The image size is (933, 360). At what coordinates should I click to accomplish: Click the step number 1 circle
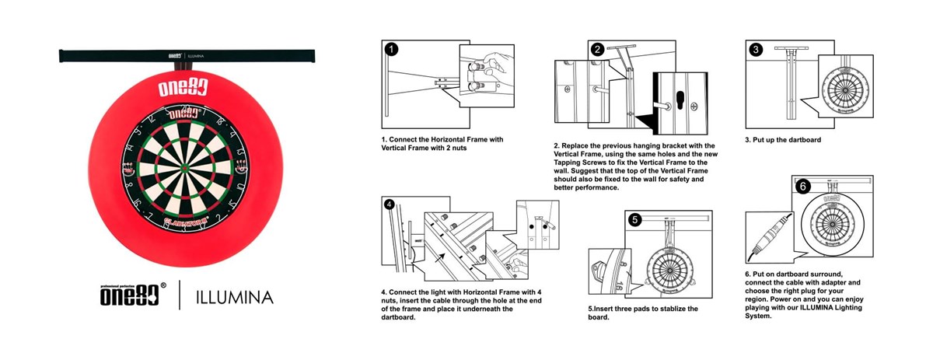click(392, 49)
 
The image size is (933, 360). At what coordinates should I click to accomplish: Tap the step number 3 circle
click(756, 49)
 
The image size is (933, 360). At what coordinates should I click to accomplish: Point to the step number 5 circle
click(635, 219)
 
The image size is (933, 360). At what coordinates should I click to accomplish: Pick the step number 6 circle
click(804, 186)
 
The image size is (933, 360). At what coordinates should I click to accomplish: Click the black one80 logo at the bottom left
click(129, 296)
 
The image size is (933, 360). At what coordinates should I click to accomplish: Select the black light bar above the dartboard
click(187, 56)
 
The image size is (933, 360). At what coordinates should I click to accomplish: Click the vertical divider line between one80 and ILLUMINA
click(180, 296)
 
